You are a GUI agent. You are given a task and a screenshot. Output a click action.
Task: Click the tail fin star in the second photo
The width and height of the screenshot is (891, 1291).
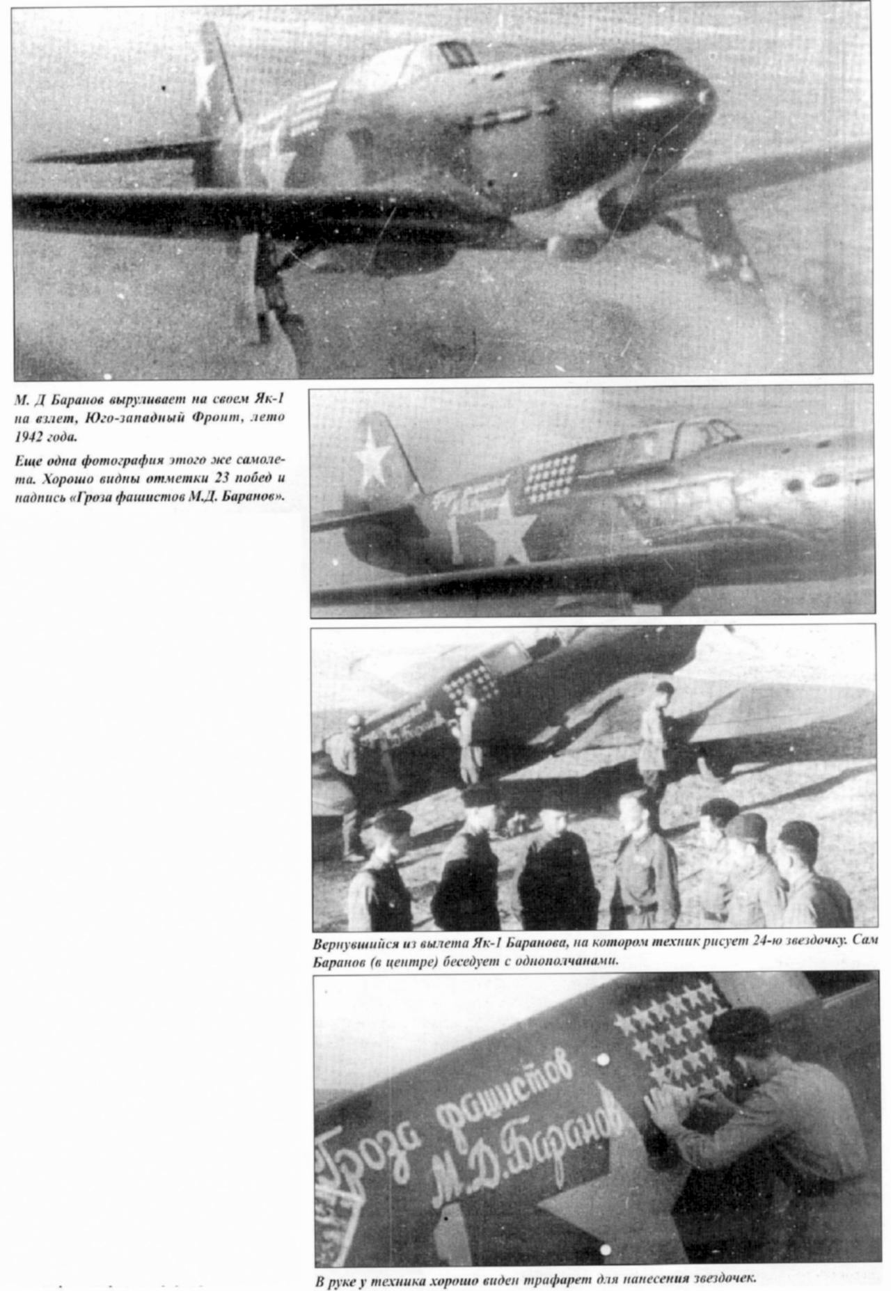[x=372, y=457]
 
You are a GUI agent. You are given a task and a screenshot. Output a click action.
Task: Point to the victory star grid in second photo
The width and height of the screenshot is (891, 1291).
[x=550, y=477]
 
